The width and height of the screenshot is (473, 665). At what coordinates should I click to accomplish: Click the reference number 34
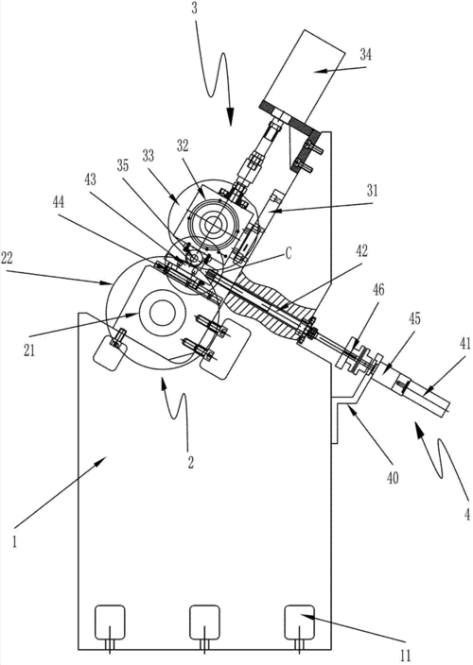pos(365,55)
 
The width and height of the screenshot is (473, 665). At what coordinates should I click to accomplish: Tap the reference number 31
pos(372,191)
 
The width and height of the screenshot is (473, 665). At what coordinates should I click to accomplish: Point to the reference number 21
pos(29,339)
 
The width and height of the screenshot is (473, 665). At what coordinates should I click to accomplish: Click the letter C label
pos(289,254)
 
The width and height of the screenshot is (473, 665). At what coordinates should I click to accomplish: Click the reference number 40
pos(393,478)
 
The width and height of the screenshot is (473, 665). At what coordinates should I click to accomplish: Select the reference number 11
pos(405,656)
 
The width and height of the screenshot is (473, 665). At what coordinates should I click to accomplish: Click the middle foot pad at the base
pos(204,622)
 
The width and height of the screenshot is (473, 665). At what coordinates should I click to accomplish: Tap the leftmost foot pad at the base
pos(110,622)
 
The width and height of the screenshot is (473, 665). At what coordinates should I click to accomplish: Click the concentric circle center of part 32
pos(213,222)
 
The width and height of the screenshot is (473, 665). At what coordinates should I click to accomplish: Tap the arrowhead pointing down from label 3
pos(229,118)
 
